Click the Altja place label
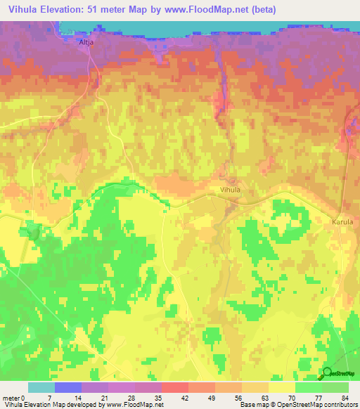point(86,41)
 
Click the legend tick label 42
point(188,398)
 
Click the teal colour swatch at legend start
point(41,387)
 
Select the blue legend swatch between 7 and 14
point(68,387)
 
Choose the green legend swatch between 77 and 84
point(335,387)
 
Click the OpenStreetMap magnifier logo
point(328,372)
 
